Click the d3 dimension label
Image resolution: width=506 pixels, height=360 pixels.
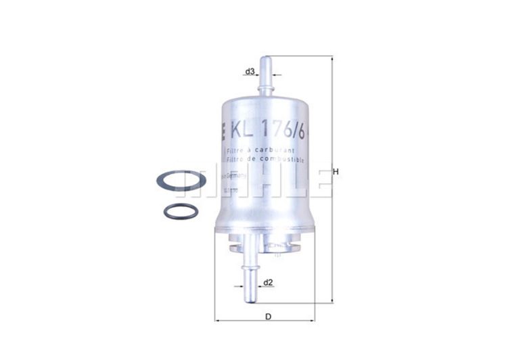coord(250,70)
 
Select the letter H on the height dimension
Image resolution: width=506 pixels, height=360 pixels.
coord(336,172)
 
